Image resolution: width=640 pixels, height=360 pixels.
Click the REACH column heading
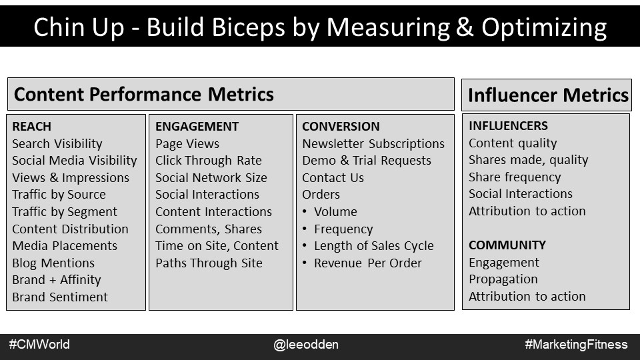31,127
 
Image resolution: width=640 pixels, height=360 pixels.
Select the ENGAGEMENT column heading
197,127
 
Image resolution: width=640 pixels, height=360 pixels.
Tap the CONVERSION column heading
341,127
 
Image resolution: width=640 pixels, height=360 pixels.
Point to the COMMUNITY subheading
507,245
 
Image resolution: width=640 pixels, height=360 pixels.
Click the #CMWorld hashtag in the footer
39,345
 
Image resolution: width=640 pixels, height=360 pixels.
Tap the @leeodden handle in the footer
306,345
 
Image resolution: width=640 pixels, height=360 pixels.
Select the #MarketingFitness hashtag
576,345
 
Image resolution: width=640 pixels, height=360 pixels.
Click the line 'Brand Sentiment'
60,297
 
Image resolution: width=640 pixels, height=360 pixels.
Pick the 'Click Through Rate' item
209,161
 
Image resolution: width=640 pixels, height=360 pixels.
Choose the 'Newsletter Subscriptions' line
373,144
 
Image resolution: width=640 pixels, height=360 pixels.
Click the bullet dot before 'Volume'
305,211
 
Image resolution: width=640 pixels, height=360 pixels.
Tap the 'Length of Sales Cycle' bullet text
374,246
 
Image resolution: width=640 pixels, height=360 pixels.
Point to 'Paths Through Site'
209,263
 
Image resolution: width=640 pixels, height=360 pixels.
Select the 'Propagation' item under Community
503,279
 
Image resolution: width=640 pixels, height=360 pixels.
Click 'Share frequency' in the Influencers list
515,177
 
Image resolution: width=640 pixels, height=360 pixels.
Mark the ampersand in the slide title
465,27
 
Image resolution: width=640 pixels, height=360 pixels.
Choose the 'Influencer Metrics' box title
548,95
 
